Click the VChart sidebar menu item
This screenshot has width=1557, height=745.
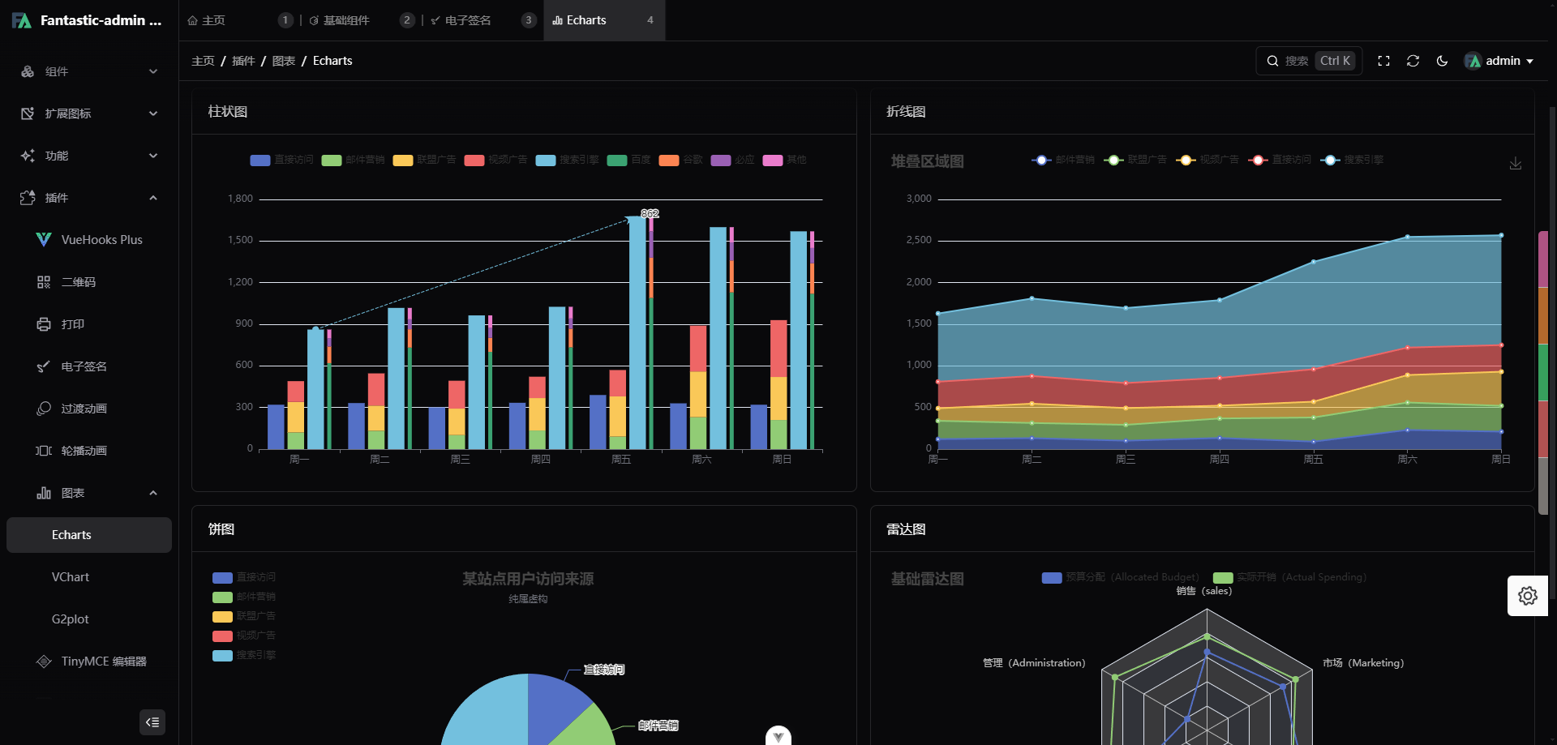click(71, 577)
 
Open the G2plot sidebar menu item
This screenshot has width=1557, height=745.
click(71, 619)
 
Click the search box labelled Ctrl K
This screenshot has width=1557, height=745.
click(1309, 61)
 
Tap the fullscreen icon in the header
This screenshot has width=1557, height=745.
click(1383, 61)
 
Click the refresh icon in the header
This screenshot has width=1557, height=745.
click(1413, 61)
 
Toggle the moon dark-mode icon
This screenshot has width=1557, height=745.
click(1442, 61)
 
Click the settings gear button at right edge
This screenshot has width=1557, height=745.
click(1527, 596)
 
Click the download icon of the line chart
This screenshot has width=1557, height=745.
click(1515, 164)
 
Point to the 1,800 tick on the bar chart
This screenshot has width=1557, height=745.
click(240, 199)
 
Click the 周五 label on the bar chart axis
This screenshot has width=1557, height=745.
click(620, 460)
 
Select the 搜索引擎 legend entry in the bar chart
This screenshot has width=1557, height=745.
click(568, 160)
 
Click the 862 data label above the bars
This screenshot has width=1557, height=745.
click(650, 214)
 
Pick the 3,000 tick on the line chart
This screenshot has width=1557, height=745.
click(919, 199)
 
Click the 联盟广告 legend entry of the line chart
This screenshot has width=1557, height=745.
click(1136, 160)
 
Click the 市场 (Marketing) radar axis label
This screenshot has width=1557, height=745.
click(1362, 663)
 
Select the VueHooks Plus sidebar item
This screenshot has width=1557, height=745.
click(101, 240)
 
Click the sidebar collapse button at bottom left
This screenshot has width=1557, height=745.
click(152, 722)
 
